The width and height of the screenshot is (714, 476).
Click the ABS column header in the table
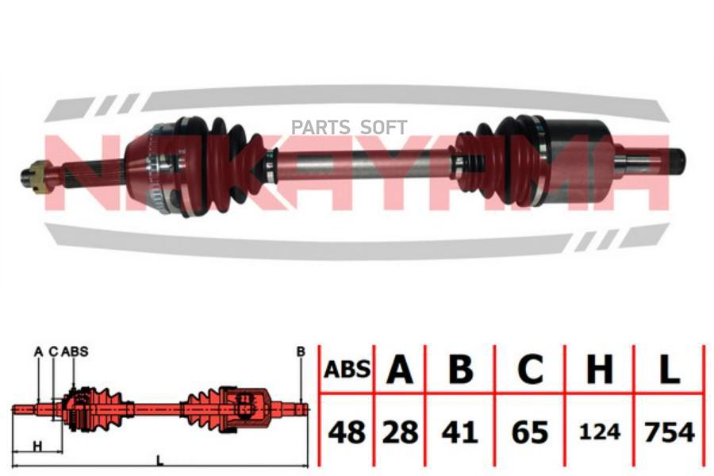pyautogui.click(x=347, y=370)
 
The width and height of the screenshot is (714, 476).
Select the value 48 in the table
pyautogui.click(x=347, y=432)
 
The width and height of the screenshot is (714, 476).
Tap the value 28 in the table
pyautogui.click(x=400, y=432)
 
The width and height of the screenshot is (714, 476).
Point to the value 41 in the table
pyautogui.click(x=460, y=432)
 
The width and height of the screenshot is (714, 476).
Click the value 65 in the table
pyautogui.click(x=530, y=432)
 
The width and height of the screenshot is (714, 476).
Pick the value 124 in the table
pyautogui.click(x=600, y=432)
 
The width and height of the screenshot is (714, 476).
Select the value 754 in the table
pyautogui.click(x=670, y=432)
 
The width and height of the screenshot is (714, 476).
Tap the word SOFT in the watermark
pyautogui.click(x=383, y=128)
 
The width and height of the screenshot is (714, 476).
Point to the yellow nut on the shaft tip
pyautogui.click(x=37, y=176)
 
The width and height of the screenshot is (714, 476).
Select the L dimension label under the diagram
pyautogui.click(x=159, y=462)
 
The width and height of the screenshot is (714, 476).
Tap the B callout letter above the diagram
pyautogui.click(x=301, y=351)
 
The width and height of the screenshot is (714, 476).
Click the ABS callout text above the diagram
pyautogui.click(x=75, y=351)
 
